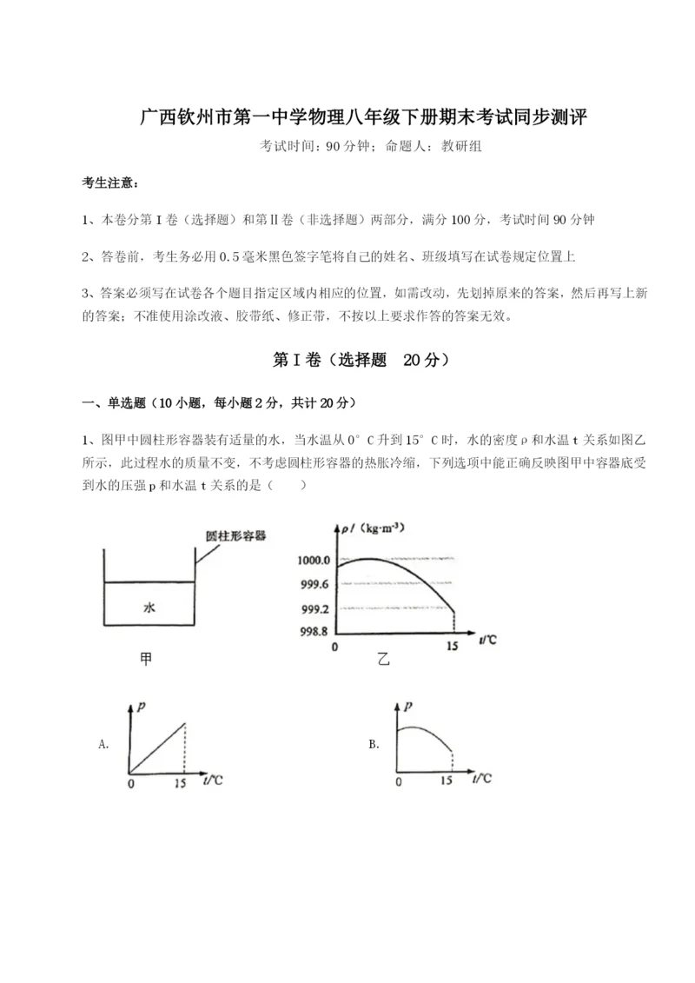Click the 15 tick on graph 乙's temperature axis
[x=452, y=648]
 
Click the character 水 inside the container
[x=149, y=608]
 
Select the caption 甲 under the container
[x=146, y=660]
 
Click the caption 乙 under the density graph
[x=384, y=660]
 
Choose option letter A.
[x=104, y=744]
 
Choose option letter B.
[x=374, y=744]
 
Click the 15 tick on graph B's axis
[x=447, y=781]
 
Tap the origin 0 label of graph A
[x=130, y=782]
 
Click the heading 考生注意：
[x=109, y=183]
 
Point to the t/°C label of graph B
[x=481, y=779]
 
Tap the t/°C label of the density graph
[x=488, y=641]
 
